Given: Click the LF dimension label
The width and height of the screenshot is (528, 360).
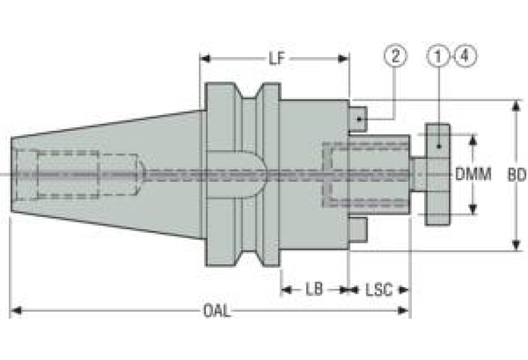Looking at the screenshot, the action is coord(277,59).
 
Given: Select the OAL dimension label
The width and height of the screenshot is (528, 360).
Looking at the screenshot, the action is coord(218,311).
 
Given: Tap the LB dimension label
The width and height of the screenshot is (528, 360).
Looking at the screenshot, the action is coord(314,289).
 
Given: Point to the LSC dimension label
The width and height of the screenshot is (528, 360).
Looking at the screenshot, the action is coord(379,290).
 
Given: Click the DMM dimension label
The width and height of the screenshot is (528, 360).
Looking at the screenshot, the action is coord(473,174).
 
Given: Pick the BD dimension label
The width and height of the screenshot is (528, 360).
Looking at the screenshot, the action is coord(517,175).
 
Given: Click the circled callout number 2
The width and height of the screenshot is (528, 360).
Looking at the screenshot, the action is coord(395,56).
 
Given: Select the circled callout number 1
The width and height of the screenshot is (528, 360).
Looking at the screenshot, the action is coord(438,56).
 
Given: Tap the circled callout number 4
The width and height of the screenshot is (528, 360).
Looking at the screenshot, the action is coord(466,56).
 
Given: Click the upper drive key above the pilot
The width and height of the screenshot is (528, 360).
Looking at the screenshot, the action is coord(357,118).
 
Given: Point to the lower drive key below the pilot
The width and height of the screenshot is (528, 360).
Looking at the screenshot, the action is coord(357,229).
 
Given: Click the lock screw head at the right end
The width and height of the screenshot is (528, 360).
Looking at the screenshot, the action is coord(437,174).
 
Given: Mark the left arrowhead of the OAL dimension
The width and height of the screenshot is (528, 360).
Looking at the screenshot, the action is coord(16,310).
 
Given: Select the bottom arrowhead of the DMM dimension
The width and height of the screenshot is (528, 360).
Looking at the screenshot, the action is coord(473,209).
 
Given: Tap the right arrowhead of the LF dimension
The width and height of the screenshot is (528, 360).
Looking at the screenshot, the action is coord(343,59).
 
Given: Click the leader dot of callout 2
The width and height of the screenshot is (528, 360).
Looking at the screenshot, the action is coord(359,119).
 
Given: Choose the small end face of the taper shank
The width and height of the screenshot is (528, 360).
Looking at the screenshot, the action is coord(12,174).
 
